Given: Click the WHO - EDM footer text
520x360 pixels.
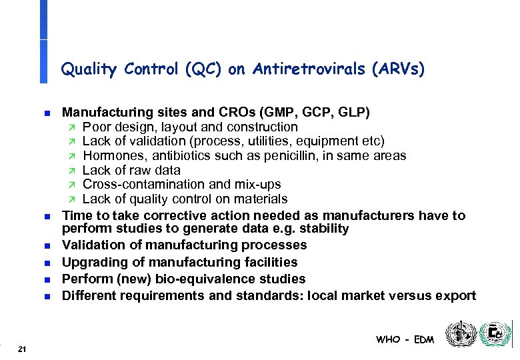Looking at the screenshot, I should click(x=405, y=339).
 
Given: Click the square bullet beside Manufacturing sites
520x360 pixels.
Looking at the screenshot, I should click(x=43, y=112).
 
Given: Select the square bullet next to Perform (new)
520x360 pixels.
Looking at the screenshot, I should click(x=43, y=279).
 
